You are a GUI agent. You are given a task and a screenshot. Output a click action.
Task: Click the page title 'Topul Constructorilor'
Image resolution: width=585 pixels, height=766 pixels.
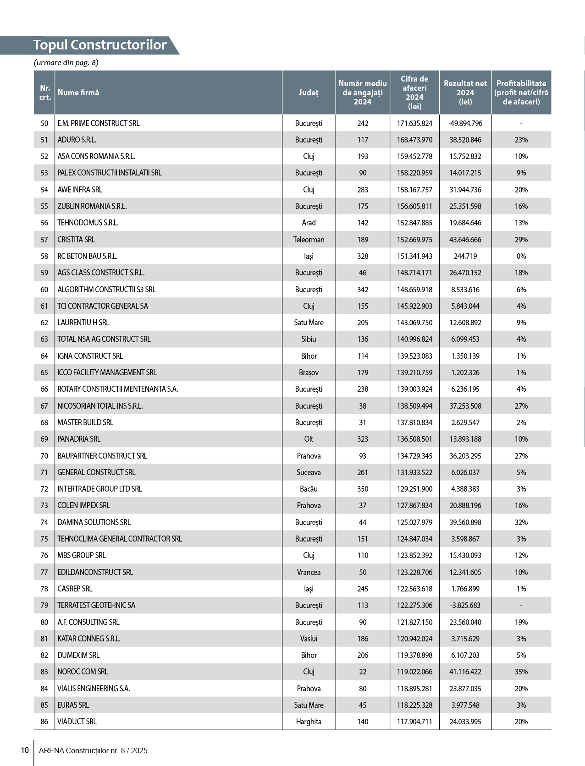[99, 45]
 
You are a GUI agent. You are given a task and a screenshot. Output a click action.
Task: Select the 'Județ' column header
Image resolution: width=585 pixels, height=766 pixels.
[308, 93]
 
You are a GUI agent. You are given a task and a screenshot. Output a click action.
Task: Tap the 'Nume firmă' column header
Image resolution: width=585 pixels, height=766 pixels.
[78, 93]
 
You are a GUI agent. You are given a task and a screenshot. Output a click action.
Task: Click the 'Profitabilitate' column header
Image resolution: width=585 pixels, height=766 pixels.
[521, 93]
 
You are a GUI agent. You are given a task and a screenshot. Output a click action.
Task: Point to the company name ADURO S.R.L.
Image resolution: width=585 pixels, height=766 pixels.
[77, 140]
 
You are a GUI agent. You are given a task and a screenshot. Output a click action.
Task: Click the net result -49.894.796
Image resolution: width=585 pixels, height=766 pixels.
[465, 123]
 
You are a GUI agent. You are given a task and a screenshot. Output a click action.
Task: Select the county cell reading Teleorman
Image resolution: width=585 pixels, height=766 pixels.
[309, 240]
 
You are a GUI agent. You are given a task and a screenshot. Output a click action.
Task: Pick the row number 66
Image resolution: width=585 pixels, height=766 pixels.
[44, 389]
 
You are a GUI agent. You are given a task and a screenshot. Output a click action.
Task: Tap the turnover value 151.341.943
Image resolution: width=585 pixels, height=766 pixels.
[414, 256]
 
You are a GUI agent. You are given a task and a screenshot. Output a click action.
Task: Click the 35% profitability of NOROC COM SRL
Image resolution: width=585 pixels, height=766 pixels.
[521, 672]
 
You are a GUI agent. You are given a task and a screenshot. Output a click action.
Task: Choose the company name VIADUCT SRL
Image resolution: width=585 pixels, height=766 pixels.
[77, 722]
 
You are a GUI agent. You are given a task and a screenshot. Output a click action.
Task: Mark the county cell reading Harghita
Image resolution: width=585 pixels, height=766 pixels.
[309, 722]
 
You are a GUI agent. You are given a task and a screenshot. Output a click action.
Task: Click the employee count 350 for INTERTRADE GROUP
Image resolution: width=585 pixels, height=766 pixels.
[363, 489]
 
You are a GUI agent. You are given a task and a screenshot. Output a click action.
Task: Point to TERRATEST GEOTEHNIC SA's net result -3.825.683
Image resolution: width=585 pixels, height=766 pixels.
[465, 605]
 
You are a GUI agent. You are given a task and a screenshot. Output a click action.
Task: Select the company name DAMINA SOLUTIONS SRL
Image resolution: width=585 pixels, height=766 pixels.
[94, 522]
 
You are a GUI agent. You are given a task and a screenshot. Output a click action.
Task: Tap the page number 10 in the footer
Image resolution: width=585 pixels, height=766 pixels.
[25, 750]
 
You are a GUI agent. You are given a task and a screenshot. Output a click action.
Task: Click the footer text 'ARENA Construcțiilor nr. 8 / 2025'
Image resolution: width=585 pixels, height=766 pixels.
[93, 750]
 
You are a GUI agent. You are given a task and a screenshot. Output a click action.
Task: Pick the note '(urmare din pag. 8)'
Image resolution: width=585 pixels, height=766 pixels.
[66, 62]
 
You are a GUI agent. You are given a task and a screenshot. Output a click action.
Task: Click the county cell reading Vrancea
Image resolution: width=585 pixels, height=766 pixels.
[309, 572]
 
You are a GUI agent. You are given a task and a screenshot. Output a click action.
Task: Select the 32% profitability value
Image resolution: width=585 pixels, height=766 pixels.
[521, 522]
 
